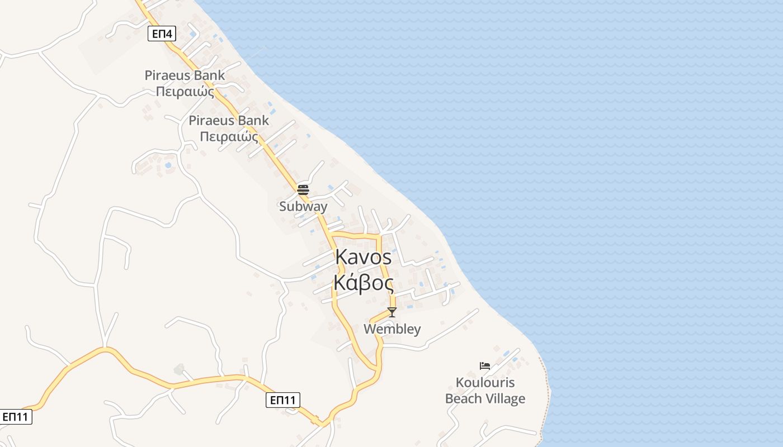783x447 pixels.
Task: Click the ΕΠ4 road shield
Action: [162, 34]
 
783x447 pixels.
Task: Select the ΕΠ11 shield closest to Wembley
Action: [282, 400]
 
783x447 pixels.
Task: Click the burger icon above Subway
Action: [303, 189]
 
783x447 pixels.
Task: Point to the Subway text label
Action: [303, 206]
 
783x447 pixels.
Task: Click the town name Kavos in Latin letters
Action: [364, 257]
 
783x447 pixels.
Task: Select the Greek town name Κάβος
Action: [364, 283]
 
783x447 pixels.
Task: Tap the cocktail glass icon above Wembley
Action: [392, 312]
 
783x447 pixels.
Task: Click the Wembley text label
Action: [392, 329]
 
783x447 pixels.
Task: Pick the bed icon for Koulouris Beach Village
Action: [485, 366]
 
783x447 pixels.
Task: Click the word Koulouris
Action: [485, 383]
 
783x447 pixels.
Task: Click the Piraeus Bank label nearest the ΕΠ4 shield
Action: [185, 75]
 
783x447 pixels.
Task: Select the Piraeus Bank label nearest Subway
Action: [229, 120]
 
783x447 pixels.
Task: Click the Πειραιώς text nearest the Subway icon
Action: [229, 136]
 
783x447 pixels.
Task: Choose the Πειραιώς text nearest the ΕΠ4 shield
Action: [185, 91]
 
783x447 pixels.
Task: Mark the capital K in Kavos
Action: [342, 257]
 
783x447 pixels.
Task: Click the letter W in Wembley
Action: [370, 329]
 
